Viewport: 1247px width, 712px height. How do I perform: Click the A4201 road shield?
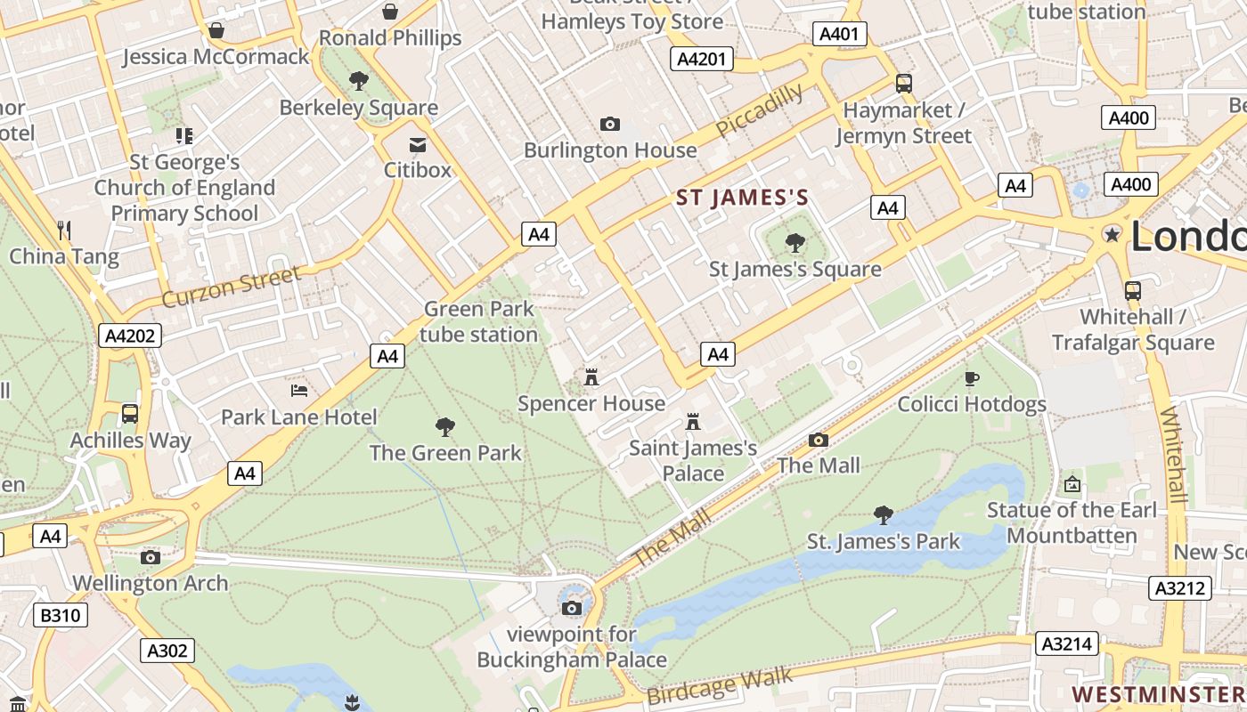click(x=702, y=60)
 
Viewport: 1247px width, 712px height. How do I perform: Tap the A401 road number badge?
click(x=839, y=34)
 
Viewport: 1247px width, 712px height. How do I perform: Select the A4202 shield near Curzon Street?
click(x=129, y=336)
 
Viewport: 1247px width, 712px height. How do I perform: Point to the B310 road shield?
click(x=61, y=615)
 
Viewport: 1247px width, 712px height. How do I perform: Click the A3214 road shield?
click(x=1067, y=643)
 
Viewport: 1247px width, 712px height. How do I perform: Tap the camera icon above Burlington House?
click(x=610, y=124)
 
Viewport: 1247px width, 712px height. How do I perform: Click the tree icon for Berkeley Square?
click(x=359, y=81)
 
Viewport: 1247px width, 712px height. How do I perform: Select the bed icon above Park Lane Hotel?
click(x=300, y=390)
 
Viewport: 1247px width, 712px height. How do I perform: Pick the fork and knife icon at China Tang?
click(x=63, y=230)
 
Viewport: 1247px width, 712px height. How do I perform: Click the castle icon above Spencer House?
click(x=591, y=377)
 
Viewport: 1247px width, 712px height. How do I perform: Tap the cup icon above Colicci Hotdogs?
click(x=972, y=379)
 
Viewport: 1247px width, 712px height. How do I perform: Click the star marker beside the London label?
click(x=1112, y=234)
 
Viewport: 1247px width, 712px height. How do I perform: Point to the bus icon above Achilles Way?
click(x=130, y=413)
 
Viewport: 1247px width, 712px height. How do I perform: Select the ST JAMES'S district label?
click(x=742, y=198)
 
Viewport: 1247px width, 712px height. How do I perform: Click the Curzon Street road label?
click(x=231, y=287)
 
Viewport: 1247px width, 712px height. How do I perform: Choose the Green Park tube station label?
click(x=479, y=321)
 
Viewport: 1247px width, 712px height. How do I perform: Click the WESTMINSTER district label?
click(x=1158, y=693)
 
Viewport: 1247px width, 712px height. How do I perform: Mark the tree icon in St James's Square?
click(x=795, y=242)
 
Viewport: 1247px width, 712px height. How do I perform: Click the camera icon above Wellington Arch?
click(x=151, y=557)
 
